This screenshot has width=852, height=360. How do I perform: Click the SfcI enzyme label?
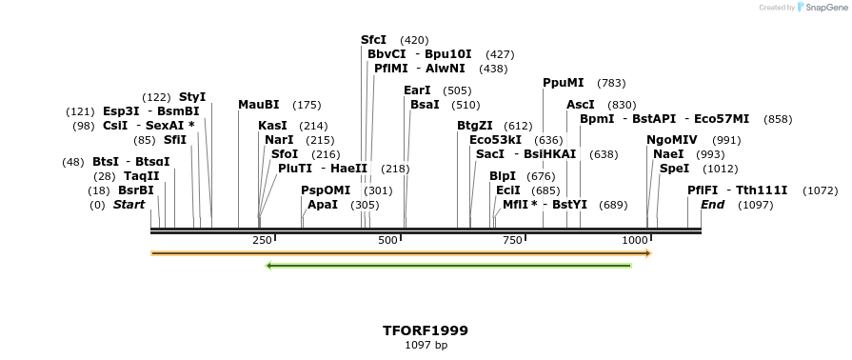click(373, 40)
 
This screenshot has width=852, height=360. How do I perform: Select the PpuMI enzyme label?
click(564, 83)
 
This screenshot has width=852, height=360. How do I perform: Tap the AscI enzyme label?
click(580, 105)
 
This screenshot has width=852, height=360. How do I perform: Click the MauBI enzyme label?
click(259, 105)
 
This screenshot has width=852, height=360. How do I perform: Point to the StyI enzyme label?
click(192, 97)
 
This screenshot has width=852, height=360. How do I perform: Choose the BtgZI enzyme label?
click(475, 126)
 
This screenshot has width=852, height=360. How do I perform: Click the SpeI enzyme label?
click(674, 169)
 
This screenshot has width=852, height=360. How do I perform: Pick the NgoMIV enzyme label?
click(672, 140)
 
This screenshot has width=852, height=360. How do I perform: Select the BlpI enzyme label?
click(502, 176)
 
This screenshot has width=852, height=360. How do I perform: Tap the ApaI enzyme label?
click(323, 205)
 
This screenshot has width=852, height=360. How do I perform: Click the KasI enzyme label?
click(272, 126)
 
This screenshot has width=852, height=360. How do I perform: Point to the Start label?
click(129, 205)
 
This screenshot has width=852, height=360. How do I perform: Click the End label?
click(712, 205)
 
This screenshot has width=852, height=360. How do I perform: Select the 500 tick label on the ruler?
click(387, 240)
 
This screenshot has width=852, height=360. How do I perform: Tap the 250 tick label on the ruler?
click(262, 240)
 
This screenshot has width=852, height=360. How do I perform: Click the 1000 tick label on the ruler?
click(635, 240)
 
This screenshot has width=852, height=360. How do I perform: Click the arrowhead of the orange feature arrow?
click(647, 253)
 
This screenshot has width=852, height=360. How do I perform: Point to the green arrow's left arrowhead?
click(269, 265)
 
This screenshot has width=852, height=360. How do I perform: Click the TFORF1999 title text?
click(426, 330)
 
